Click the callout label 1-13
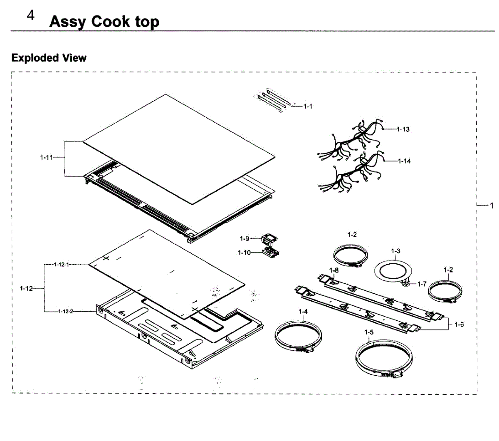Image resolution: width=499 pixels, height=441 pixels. tap(403, 129)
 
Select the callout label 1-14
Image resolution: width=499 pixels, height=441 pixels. tap(404, 161)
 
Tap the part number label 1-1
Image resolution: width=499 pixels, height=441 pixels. tap(308, 107)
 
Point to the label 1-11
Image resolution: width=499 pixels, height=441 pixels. tap(47, 157)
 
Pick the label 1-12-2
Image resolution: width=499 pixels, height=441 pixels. tap(65, 311)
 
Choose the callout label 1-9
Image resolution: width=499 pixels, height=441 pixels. tap(244, 238)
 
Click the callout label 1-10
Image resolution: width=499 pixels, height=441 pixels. tap(244, 253)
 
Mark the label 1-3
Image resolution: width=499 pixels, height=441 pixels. tap(395, 251)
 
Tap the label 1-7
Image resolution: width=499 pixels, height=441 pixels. tap(422, 284)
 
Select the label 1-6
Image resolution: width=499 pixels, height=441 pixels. tap(459, 325)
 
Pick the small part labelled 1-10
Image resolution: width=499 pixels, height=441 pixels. tap(270, 253)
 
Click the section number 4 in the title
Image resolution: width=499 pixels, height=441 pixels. tap(31, 16)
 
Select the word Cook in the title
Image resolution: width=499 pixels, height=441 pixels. tap(111, 22)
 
